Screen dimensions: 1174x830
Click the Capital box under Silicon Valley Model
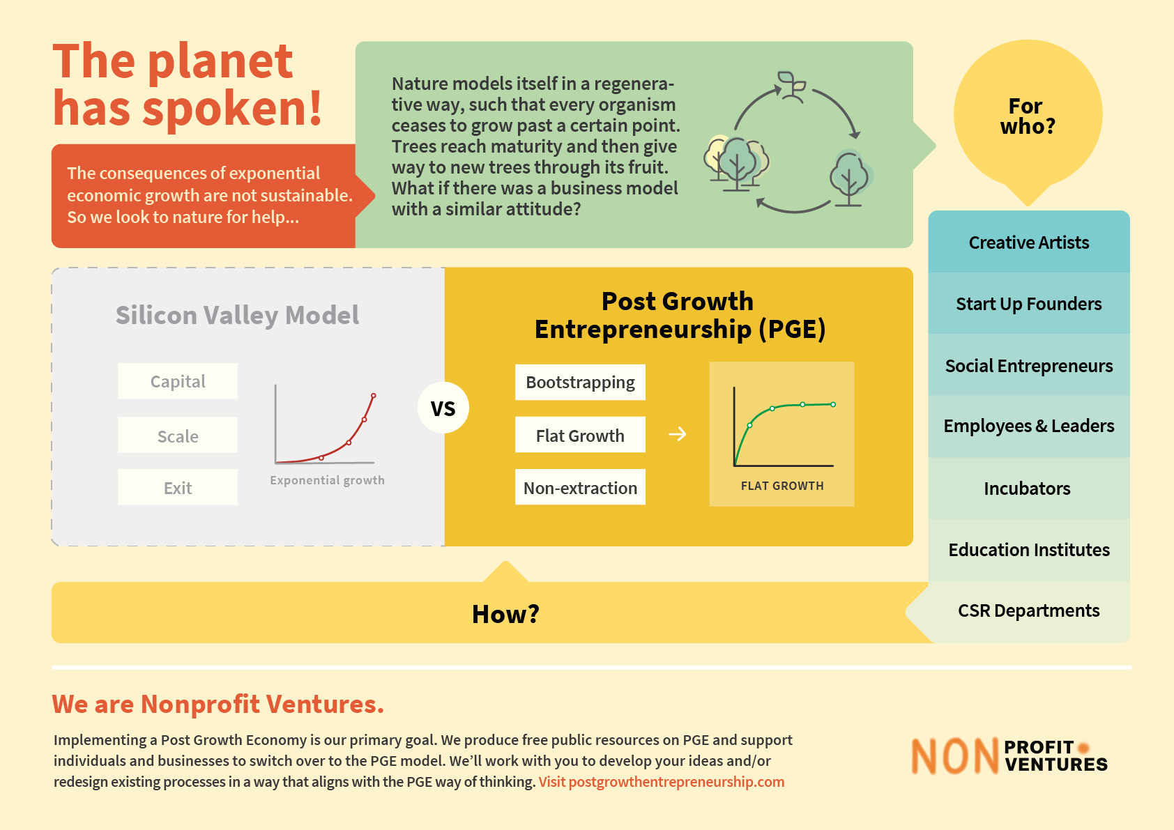pos(178,381)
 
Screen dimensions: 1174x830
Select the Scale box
pos(178,435)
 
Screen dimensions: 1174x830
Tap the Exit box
pos(178,487)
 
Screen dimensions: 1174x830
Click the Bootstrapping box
pos(580,382)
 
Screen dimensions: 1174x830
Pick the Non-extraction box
pos(580,487)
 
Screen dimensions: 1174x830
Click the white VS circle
pos(443,408)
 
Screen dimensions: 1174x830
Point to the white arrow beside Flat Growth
pos(678,434)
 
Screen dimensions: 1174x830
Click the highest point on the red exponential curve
pos(373,396)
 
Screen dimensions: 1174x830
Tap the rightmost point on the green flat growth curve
pos(833,404)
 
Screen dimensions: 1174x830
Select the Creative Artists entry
pos(1029,242)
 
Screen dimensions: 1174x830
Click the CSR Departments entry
pos(1029,611)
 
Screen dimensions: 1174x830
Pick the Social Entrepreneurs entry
pos(1029,365)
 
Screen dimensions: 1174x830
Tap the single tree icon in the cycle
pos(849,178)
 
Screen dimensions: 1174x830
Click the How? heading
pos(505,614)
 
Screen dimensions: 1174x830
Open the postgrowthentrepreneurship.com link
pos(662,782)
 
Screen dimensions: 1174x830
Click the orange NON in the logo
pos(955,756)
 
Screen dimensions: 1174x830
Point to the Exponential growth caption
pos(327,480)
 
